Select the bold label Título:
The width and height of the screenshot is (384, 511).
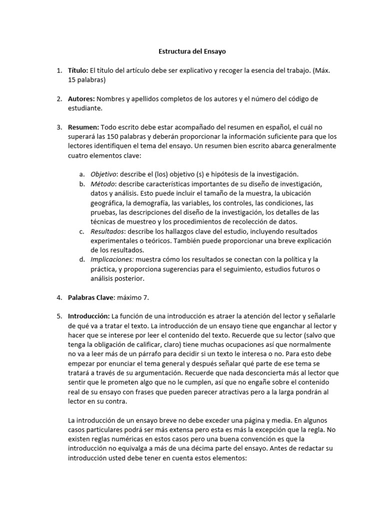tap(78, 71)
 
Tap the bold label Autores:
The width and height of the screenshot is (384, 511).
tap(81, 99)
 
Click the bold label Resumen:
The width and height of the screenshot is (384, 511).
tap(83, 127)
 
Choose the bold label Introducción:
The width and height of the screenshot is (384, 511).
tap(89, 316)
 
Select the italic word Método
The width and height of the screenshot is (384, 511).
tap(102, 183)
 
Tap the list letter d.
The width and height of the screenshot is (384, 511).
tap(81, 259)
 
